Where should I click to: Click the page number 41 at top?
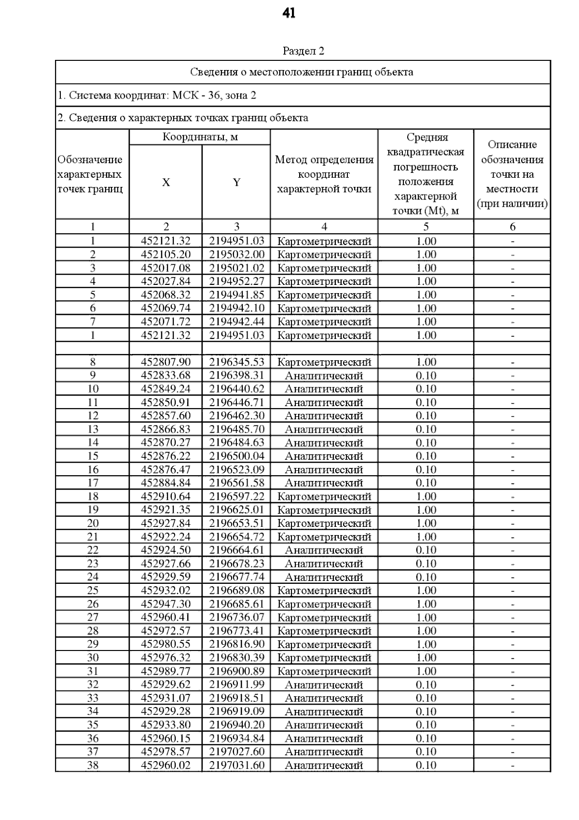(289, 14)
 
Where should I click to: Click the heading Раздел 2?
(303, 51)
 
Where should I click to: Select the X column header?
(165, 182)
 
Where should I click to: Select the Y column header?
(236, 182)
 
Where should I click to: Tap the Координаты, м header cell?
(200, 137)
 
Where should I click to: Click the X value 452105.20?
(165, 254)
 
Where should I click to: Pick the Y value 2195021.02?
(236, 268)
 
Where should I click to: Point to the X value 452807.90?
(165, 362)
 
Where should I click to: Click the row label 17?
(93, 483)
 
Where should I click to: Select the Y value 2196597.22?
(236, 496)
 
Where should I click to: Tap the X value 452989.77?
(165, 671)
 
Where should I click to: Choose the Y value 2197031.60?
(236, 765)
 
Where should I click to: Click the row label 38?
(93, 765)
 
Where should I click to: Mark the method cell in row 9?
(324, 376)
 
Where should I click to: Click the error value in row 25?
(426, 591)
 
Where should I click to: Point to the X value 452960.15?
(165, 738)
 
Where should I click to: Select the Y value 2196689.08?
(236, 591)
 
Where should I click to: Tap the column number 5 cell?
(426, 226)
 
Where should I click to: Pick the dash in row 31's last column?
(512, 671)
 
